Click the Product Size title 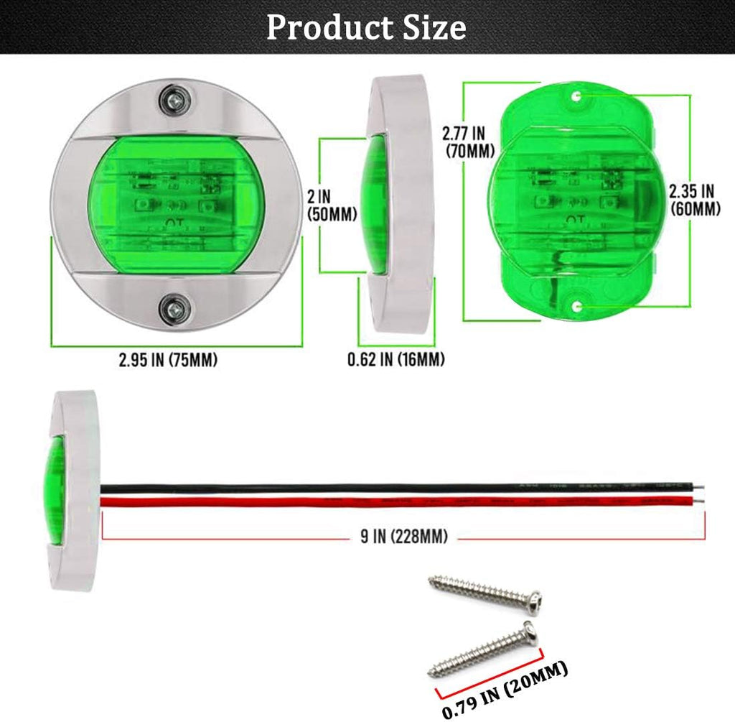(367, 27)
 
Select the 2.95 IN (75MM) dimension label (168, 360)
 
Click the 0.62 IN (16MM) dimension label (395, 360)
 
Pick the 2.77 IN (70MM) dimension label (463, 141)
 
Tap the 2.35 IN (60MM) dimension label (693, 199)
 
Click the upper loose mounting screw (484, 593)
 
